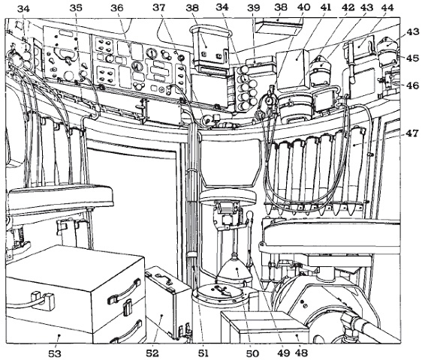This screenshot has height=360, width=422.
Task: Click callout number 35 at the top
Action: tap(76, 8)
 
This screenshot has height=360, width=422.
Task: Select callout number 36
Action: tap(117, 8)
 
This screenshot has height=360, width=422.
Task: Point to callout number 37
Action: tap(159, 7)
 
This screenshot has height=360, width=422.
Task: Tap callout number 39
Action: tap(254, 7)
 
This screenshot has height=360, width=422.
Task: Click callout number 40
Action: tap(303, 7)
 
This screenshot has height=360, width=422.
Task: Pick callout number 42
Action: tap(348, 7)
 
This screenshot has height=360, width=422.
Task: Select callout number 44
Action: tap(387, 7)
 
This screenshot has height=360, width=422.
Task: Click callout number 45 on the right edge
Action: tap(412, 58)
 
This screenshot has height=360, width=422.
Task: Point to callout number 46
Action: tap(412, 85)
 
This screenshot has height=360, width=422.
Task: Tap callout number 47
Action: tap(412, 133)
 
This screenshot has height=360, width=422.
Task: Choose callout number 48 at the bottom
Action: tap(301, 352)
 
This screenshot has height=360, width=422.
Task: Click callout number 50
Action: tap(252, 353)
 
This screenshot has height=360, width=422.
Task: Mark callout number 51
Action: tap(203, 352)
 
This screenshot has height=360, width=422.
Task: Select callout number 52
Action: tap(152, 352)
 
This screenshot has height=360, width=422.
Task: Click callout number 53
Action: tap(55, 353)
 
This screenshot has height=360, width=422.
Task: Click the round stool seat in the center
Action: tap(228, 196)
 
